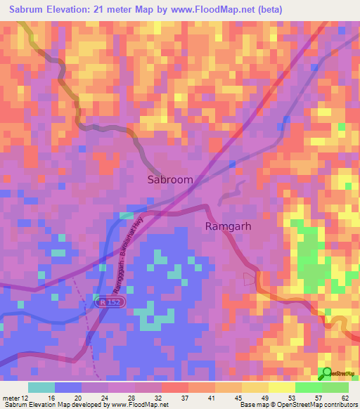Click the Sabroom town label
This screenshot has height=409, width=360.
click(170, 180)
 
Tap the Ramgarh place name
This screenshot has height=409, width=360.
click(229, 226)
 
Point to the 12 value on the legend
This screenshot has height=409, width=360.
click(27, 397)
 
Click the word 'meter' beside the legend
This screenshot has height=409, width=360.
click(11, 397)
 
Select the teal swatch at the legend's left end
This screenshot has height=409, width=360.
click(41, 387)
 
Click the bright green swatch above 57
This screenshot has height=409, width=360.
click(309, 387)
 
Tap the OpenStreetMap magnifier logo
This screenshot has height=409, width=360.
click(326, 374)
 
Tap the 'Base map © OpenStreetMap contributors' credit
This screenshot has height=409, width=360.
click(296, 405)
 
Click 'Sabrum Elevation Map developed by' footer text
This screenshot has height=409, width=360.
click(51, 405)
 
